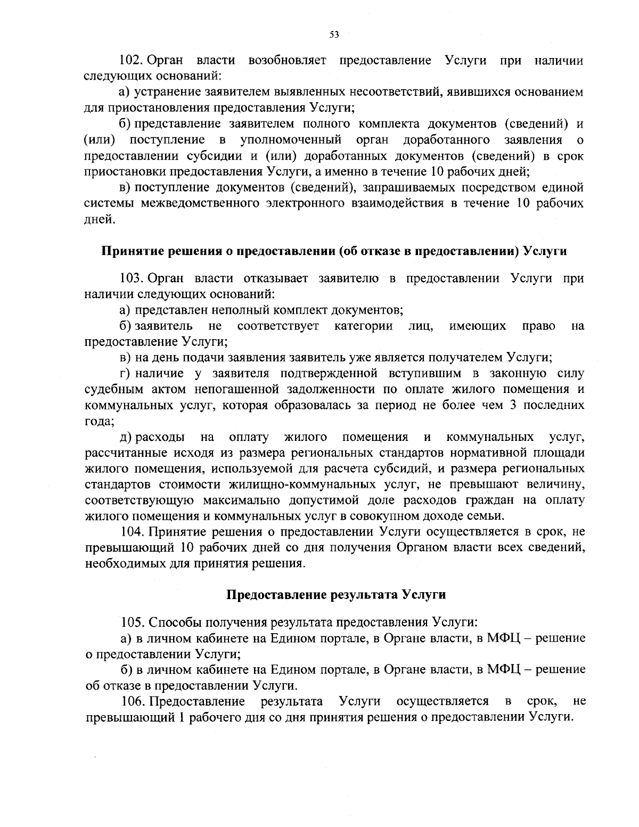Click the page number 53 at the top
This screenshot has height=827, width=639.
point(334,35)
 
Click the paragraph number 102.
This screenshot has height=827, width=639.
point(130,60)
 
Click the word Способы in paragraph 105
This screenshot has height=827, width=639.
point(171,622)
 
